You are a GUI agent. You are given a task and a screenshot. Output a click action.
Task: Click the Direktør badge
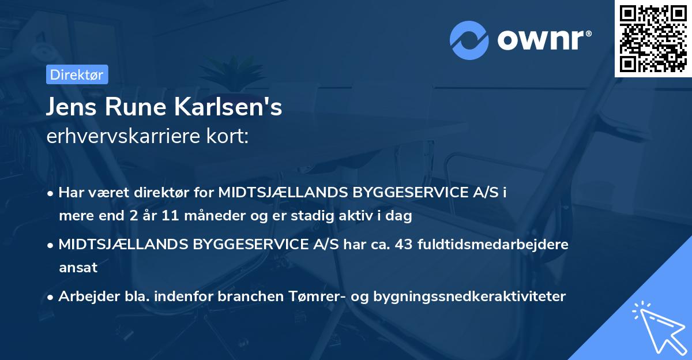77,74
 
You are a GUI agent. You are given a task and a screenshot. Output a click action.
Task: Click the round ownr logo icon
469,40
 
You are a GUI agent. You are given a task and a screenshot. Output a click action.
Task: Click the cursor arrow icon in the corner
657,327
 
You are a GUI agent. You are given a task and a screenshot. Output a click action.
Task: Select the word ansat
77,268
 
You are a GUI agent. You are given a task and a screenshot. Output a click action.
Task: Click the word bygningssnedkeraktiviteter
469,297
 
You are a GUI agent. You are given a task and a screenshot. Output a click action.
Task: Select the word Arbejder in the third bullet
84,297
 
